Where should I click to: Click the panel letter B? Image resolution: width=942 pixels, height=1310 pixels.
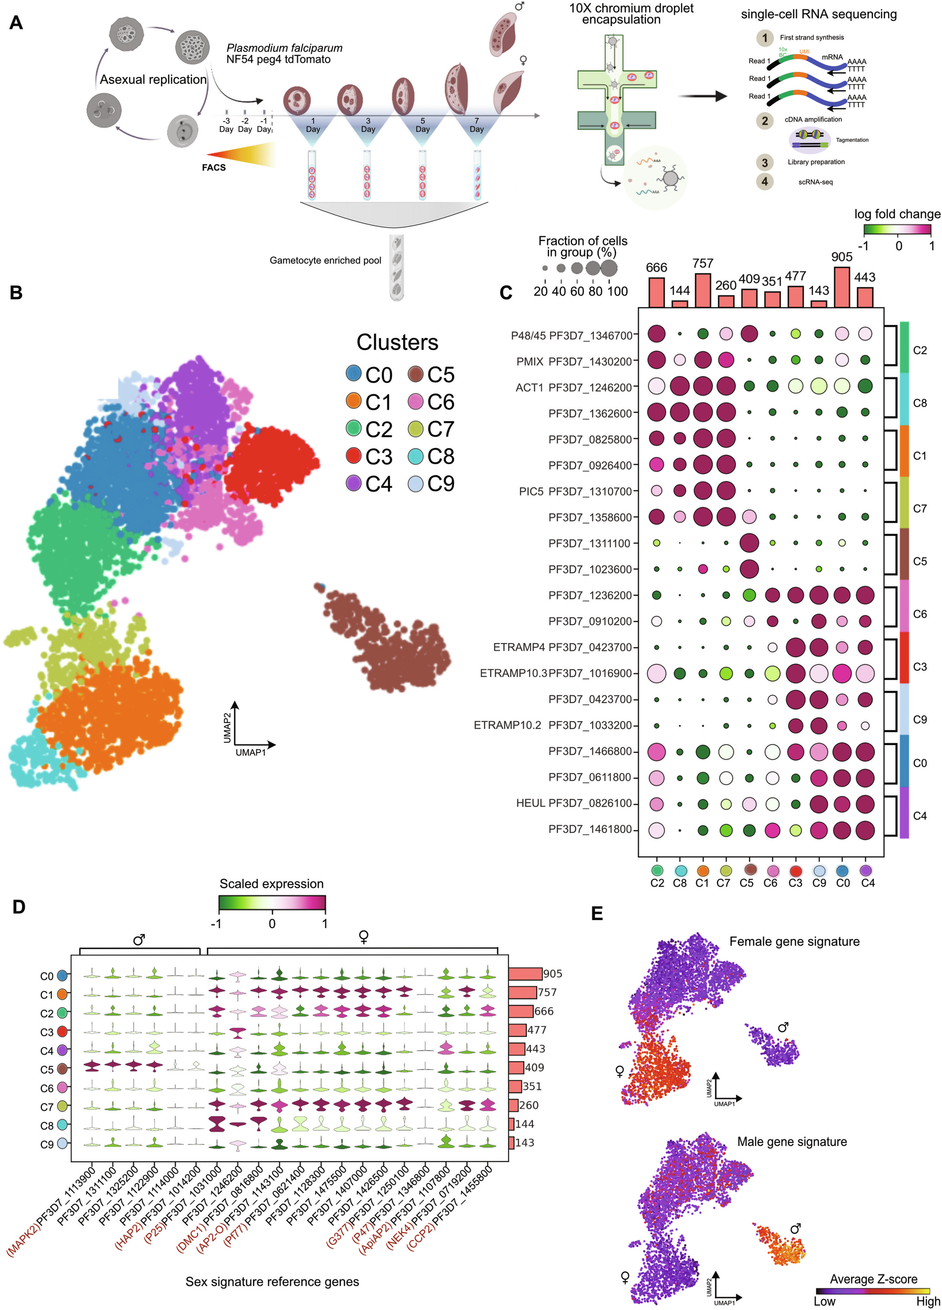pyautogui.click(x=16, y=292)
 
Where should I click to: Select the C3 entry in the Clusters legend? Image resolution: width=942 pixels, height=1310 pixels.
pyautogui.click(x=370, y=456)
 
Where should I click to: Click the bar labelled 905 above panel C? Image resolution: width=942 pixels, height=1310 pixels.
pyautogui.click(x=842, y=287)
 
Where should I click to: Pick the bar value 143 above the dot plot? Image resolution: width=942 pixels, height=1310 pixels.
pyautogui.click(x=819, y=290)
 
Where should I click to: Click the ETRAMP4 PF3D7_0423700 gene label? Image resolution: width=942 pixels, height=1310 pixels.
pyautogui.click(x=562, y=647)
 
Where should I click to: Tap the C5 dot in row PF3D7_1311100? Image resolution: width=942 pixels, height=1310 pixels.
pyautogui.click(x=749, y=543)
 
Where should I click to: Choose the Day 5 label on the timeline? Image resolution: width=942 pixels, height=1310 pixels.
pyautogui.click(x=423, y=125)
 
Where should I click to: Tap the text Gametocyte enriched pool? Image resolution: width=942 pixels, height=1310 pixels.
pyautogui.click(x=326, y=260)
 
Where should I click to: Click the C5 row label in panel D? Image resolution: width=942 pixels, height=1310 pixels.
pyautogui.click(x=47, y=1069)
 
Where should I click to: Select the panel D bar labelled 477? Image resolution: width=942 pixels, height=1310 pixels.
pyautogui.click(x=517, y=1030)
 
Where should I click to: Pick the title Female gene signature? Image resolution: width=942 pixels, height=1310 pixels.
pyautogui.click(x=794, y=942)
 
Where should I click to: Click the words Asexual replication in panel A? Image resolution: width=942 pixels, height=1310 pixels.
pyautogui.click(x=153, y=79)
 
